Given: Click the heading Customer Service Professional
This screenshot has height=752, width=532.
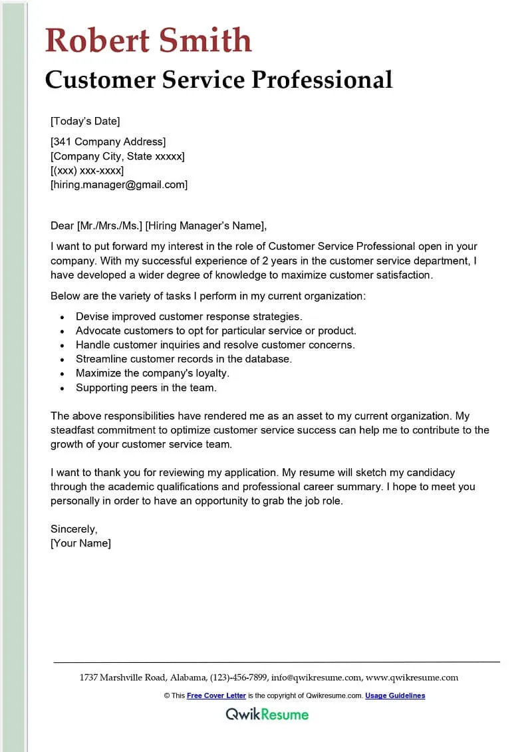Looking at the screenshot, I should [x=219, y=80].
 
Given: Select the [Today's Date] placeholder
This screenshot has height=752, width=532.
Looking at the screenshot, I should [x=85, y=121].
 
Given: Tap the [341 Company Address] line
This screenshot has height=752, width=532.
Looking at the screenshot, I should [x=108, y=142].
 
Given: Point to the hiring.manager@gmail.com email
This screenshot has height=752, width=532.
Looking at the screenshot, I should [x=119, y=185].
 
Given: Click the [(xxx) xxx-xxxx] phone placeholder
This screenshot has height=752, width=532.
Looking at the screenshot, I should [x=87, y=170].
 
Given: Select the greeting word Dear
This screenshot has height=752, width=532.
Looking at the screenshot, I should [x=63, y=225].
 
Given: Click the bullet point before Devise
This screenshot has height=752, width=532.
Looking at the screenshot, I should [x=62, y=317].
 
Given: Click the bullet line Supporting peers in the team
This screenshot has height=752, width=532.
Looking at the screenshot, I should [x=146, y=387].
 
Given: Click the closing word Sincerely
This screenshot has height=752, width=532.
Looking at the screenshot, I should [x=74, y=529].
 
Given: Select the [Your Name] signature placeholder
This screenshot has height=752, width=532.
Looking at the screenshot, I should [x=81, y=543].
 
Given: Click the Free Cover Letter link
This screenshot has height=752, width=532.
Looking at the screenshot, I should [x=216, y=695].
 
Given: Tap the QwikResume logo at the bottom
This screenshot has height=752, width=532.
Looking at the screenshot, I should [x=267, y=715].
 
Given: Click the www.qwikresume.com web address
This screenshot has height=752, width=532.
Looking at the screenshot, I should [x=412, y=678].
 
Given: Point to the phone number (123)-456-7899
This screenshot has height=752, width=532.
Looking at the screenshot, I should [x=239, y=678].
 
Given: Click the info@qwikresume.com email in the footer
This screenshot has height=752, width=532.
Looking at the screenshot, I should [x=317, y=678].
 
